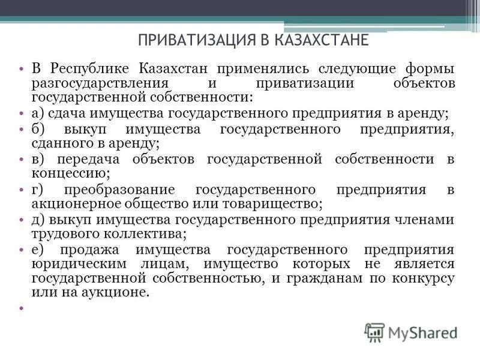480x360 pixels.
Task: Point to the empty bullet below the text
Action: coord(21,308)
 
